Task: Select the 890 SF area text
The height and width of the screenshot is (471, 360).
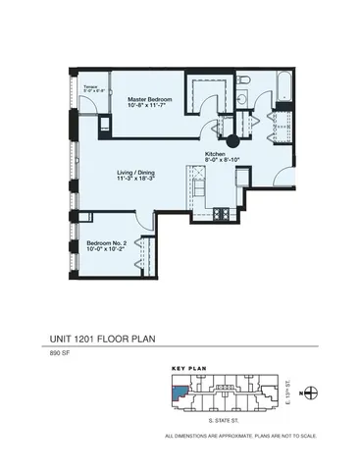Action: pos(61,354)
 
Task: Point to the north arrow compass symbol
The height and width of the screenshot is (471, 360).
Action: pos(312,393)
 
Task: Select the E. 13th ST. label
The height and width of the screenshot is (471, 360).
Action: pos(291,393)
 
